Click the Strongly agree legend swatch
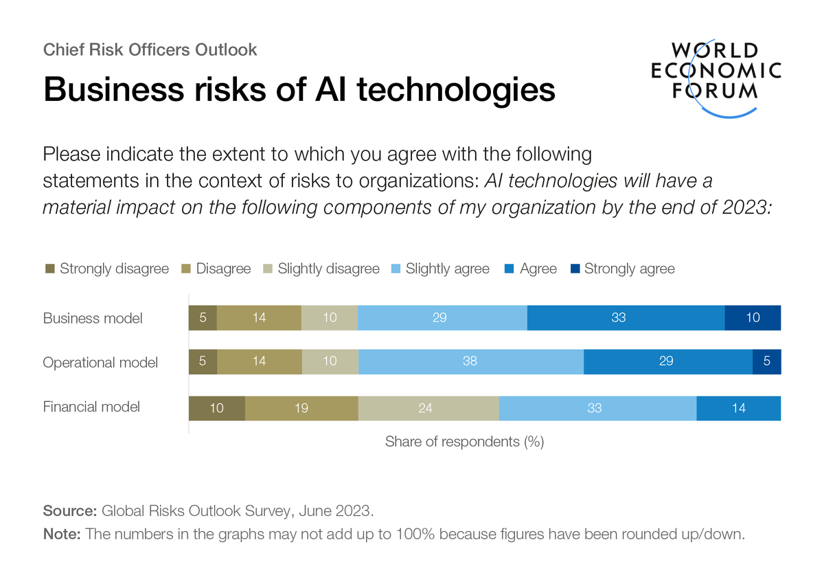pyautogui.click(x=575, y=269)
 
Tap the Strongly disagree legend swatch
pyautogui.click(x=49, y=269)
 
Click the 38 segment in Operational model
pyautogui.click(x=470, y=361)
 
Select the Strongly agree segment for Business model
pyautogui.click(x=753, y=318)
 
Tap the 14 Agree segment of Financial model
pyautogui.click(x=738, y=407)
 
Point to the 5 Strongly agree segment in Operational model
pyautogui.click(x=766, y=361)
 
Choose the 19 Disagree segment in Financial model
pyautogui.click(x=301, y=407)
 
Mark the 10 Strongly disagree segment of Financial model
pyautogui.click(x=217, y=407)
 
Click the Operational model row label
pyautogui.click(x=100, y=362)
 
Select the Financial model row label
pyautogui.click(x=91, y=407)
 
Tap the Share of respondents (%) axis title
pyautogui.click(x=464, y=442)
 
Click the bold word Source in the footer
pyautogui.click(x=69, y=511)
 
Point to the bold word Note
pyautogui.click(x=62, y=534)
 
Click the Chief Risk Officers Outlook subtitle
pyautogui.click(x=150, y=49)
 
